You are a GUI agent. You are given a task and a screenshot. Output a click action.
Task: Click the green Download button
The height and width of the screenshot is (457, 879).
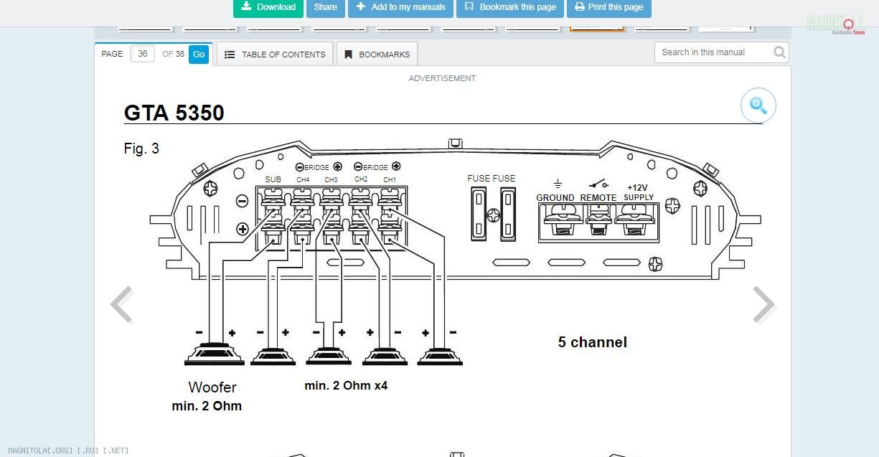click(268, 7)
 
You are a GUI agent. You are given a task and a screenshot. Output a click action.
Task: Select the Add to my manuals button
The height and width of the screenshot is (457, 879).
click(401, 7)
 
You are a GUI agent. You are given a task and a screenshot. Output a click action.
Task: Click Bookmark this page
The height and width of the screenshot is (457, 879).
click(510, 7)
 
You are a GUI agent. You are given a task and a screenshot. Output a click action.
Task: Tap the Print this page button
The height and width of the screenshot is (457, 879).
click(608, 7)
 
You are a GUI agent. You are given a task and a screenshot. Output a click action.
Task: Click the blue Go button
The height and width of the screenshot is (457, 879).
click(199, 55)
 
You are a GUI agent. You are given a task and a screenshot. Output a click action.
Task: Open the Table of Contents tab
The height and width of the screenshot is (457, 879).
click(275, 55)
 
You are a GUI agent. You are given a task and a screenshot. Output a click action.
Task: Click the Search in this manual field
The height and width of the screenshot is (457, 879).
click(714, 52)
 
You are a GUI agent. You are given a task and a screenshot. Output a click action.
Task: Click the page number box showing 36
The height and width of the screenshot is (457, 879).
click(143, 55)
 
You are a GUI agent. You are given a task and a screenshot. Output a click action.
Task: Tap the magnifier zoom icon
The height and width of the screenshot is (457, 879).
click(758, 105)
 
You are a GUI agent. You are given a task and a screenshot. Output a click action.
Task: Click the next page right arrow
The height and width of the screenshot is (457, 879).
click(763, 305)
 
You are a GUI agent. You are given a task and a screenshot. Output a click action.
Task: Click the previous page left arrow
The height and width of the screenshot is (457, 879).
click(122, 305)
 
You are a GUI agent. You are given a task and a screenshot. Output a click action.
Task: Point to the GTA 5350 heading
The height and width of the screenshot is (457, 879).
click(174, 113)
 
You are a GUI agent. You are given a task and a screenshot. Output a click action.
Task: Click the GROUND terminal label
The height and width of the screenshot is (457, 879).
click(555, 197)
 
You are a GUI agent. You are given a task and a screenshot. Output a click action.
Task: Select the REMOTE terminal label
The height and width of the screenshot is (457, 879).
click(598, 197)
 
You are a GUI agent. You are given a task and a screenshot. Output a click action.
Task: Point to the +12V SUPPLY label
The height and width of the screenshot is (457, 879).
click(639, 192)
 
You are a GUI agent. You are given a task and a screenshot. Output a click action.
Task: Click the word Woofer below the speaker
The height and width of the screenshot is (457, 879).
click(212, 387)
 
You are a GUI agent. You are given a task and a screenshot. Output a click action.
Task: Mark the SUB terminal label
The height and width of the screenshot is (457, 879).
click(273, 179)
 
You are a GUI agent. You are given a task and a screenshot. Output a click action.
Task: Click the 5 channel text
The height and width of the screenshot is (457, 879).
click(593, 342)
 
